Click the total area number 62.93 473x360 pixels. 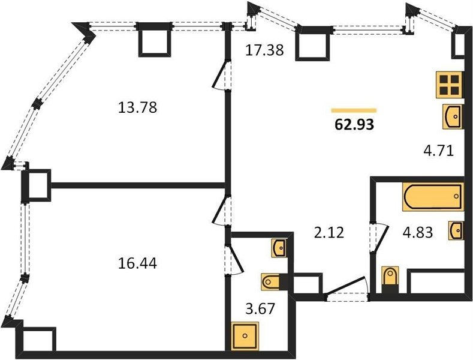(354, 124)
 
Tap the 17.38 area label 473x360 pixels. (264, 50)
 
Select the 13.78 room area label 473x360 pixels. (137, 107)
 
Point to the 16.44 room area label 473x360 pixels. (137, 263)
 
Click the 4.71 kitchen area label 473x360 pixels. (440, 151)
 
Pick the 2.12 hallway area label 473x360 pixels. (329, 233)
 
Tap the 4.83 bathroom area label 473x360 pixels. (418, 232)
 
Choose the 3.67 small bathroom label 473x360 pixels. (260, 308)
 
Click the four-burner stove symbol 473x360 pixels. (449, 85)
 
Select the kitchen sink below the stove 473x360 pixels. (453, 116)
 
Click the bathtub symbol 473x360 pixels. (433, 196)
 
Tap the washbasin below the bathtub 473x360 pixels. (456, 230)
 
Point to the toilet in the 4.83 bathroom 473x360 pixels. (390, 279)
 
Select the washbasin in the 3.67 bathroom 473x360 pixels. (279, 248)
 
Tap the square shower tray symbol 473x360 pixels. (245, 335)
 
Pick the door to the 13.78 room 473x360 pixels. (222, 75)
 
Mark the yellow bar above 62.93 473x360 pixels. (354, 110)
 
